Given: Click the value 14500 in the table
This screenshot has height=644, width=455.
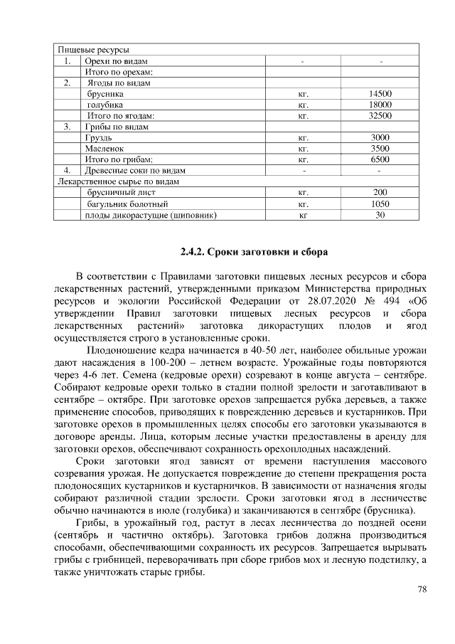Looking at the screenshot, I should [380, 94].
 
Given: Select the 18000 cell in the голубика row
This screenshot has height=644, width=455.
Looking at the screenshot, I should [380, 105].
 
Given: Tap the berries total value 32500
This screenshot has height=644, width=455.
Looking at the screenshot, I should [380, 115].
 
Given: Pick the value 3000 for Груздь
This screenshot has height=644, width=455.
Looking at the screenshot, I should [380, 137].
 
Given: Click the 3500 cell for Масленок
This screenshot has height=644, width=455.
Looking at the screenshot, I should [380, 149].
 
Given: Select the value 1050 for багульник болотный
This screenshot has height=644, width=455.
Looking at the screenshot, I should [380, 204].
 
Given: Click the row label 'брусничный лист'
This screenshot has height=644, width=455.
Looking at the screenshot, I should [117, 192].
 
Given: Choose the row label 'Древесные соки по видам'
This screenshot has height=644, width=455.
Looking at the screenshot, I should [135, 171].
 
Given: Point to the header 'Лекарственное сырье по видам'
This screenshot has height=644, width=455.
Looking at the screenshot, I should [117, 181].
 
